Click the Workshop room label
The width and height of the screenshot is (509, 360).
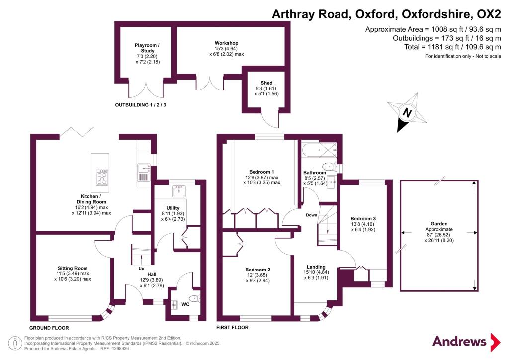pyautogui.click(x=226, y=43)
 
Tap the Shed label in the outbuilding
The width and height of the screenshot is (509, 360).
pyautogui.click(x=266, y=83)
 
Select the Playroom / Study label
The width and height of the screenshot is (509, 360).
pyautogui.click(x=147, y=48)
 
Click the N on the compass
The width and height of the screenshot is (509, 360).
pyautogui.click(x=407, y=113)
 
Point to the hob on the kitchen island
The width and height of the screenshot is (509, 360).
pyautogui.click(x=102, y=177)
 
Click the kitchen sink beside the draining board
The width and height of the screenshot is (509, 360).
pyautogui.click(x=144, y=169)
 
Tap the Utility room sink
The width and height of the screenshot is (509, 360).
pyautogui.click(x=179, y=191)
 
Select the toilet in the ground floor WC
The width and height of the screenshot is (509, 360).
pyautogui.click(x=195, y=298)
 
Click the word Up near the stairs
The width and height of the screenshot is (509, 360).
pyautogui.click(x=141, y=269)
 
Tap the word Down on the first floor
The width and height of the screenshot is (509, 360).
pyautogui.click(x=311, y=215)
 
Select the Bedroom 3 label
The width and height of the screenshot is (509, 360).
pyautogui.click(x=363, y=218)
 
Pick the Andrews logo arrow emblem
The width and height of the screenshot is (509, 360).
pyautogui.click(x=495, y=342)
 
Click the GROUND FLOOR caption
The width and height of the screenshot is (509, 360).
pyautogui.click(x=49, y=328)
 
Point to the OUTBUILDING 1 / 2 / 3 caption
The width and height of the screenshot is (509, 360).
pyautogui.click(x=141, y=105)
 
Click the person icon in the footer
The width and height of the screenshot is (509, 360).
pyautogui.click(x=15, y=344)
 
